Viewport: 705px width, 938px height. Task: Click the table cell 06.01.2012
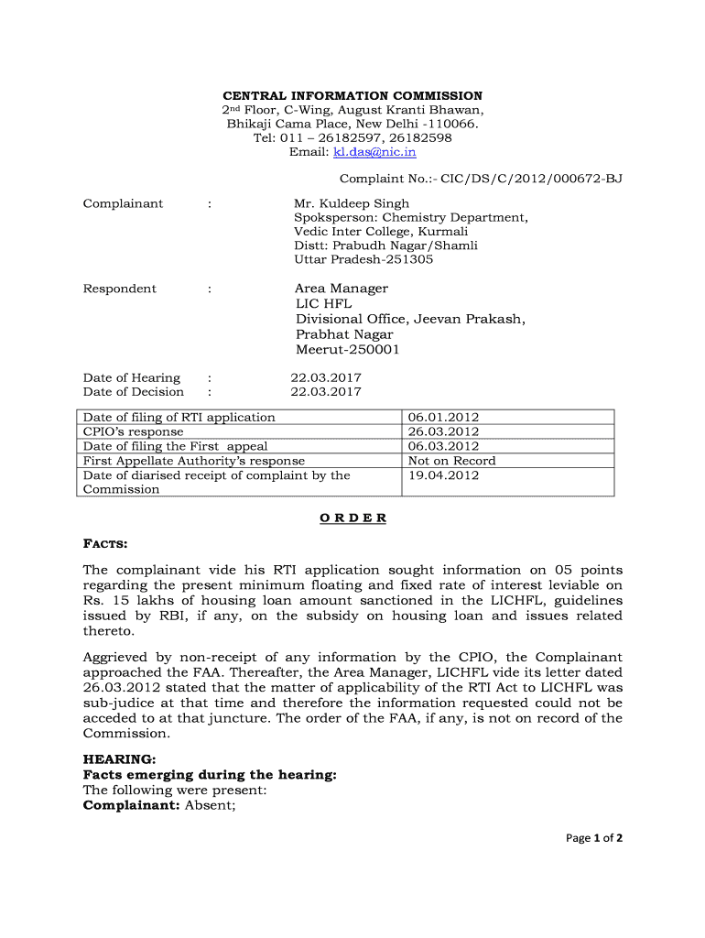point(443,418)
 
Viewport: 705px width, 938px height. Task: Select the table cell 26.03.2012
point(443,431)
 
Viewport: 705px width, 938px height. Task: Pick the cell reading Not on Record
point(451,461)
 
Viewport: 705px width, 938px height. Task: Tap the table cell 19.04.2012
point(443,475)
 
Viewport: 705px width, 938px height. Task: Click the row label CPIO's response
point(133,431)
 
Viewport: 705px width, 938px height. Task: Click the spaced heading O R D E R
point(353,518)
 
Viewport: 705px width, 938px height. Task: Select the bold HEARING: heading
point(119,759)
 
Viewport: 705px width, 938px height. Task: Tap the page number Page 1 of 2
point(593,837)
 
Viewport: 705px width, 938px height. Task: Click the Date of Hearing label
point(132,377)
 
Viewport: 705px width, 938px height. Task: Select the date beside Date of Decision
point(326,392)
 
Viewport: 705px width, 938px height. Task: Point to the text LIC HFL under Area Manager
point(323,303)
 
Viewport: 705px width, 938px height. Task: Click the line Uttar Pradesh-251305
point(363,259)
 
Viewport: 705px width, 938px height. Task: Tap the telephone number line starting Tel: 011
point(352,137)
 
